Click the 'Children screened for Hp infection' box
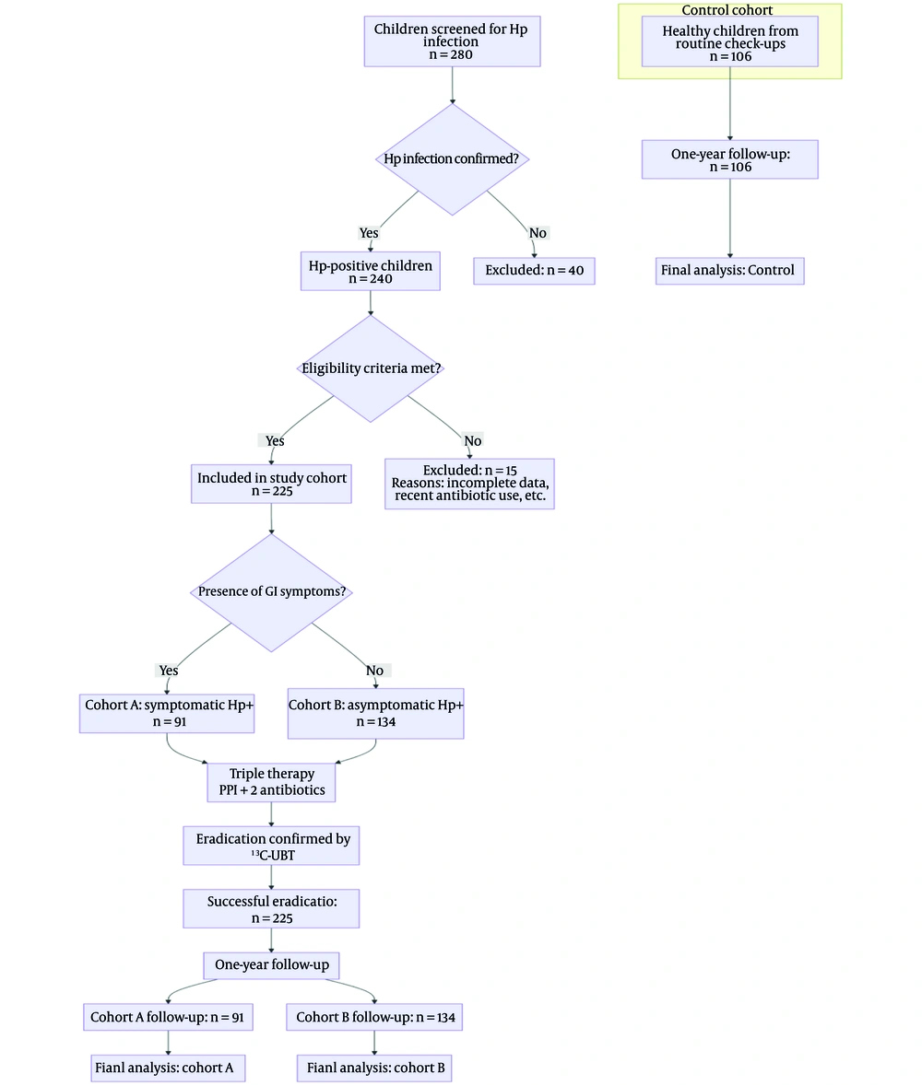pos(452,41)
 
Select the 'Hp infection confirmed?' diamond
pos(452,159)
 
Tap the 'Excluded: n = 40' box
pos(534,271)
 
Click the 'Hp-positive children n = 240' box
pos(370,271)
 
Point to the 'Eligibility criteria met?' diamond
pos(371,368)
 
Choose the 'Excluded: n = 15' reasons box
pos(469,484)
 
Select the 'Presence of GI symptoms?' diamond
pos(271,591)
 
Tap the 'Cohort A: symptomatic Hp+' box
pos(167,712)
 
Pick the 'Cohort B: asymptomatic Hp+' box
pos(375,713)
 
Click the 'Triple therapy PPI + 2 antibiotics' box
pos(271,782)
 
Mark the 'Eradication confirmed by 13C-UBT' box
pos(271,846)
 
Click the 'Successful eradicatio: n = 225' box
pos(271,908)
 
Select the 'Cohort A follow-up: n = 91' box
pos(169,1018)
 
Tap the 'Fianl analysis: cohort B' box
pos(374,1068)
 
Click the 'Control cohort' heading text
pos(727,10)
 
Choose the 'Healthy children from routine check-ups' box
pos(729,42)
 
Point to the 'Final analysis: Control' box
pos(729,271)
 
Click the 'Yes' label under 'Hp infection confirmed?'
pos(369,233)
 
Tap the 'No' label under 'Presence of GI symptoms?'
pos(374,671)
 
